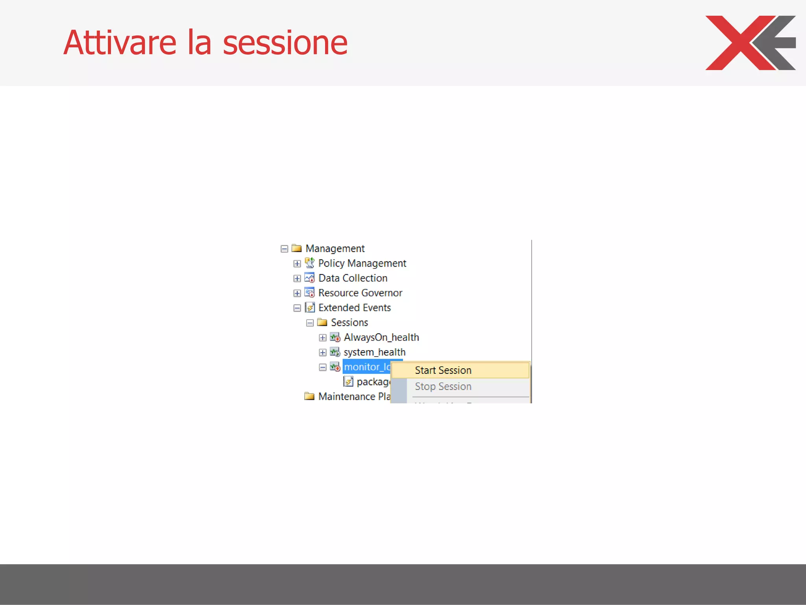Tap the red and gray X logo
click(750, 43)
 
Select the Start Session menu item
click(443, 370)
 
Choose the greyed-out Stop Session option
click(443, 386)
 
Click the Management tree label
click(335, 249)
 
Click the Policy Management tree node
click(362, 263)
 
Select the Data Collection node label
click(353, 278)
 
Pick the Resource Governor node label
click(360, 293)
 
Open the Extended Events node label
click(354, 308)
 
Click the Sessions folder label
click(349, 323)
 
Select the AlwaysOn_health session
click(381, 338)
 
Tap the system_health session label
click(374, 352)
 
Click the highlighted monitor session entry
click(367, 367)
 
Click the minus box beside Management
click(284, 249)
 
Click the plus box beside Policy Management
click(297, 264)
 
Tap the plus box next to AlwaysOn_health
click(323, 338)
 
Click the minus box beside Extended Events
click(297, 308)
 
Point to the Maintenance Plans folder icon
click(309, 396)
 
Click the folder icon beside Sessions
click(322, 323)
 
